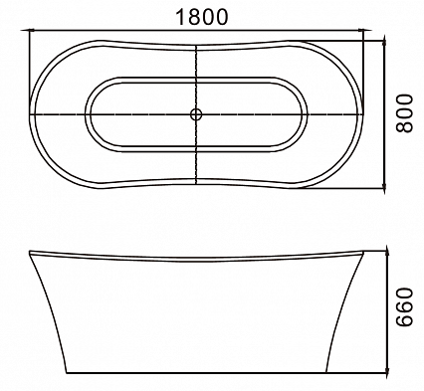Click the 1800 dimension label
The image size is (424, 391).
tap(202, 17)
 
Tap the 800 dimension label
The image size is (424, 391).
tap(405, 113)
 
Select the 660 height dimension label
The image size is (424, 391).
tap(405, 307)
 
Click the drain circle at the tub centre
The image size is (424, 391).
tap(196, 114)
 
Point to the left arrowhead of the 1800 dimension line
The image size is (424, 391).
tap(25, 31)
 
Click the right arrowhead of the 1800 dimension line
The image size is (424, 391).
tap(367, 31)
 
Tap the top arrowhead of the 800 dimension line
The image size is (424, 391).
tap(384, 41)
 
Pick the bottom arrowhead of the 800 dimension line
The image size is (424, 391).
tap(384, 188)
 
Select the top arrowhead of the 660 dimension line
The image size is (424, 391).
tap(386, 252)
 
